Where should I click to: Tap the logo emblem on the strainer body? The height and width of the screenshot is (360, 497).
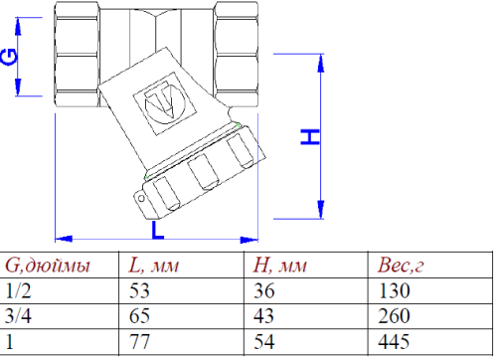(x=157, y=102)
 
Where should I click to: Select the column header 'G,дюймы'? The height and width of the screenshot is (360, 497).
(x=48, y=266)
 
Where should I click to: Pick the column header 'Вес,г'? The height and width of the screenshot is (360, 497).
(x=403, y=266)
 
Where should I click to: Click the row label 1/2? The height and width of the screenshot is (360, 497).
(x=18, y=292)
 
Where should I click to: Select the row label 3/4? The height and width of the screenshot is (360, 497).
(x=18, y=317)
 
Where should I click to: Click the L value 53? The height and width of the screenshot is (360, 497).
(x=140, y=292)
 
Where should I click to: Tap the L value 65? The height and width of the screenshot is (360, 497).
(x=140, y=317)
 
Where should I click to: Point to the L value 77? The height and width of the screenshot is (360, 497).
(x=140, y=343)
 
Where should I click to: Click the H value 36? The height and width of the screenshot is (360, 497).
(x=265, y=292)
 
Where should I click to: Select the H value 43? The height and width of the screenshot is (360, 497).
(x=265, y=317)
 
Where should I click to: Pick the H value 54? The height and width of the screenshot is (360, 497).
(x=265, y=343)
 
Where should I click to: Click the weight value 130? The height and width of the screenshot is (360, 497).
(x=395, y=292)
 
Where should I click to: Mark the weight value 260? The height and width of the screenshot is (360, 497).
(x=395, y=317)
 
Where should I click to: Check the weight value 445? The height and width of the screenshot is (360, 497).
(x=395, y=343)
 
